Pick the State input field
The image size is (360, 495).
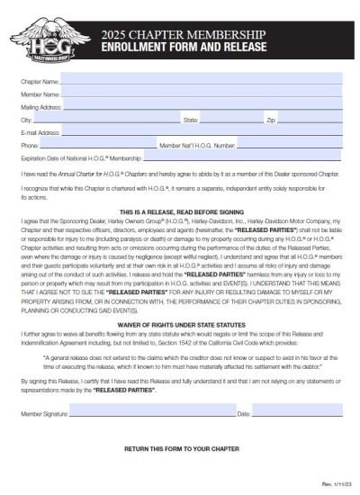(229, 119)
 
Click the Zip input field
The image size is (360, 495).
(310, 119)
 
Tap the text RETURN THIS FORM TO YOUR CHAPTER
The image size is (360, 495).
(180, 447)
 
